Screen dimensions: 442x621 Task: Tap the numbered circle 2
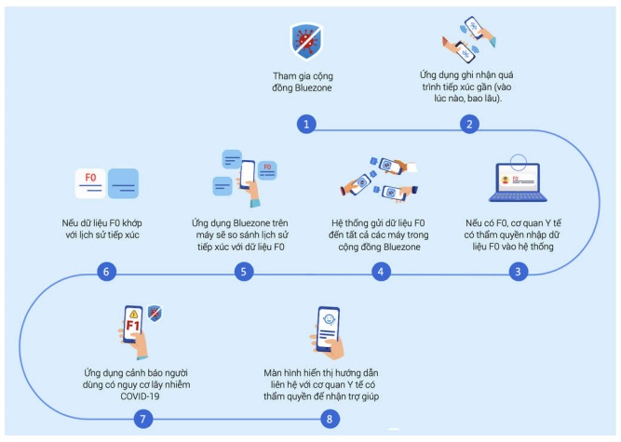[x=471, y=124]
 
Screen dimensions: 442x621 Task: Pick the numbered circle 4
[x=380, y=272]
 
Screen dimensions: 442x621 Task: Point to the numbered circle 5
[x=243, y=272]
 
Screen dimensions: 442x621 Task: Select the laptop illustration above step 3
[x=517, y=182]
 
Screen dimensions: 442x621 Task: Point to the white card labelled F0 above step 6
[x=90, y=181]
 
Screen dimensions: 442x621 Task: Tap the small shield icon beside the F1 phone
[x=155, y=314]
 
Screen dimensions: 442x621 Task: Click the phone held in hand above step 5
[x=248, y=180]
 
